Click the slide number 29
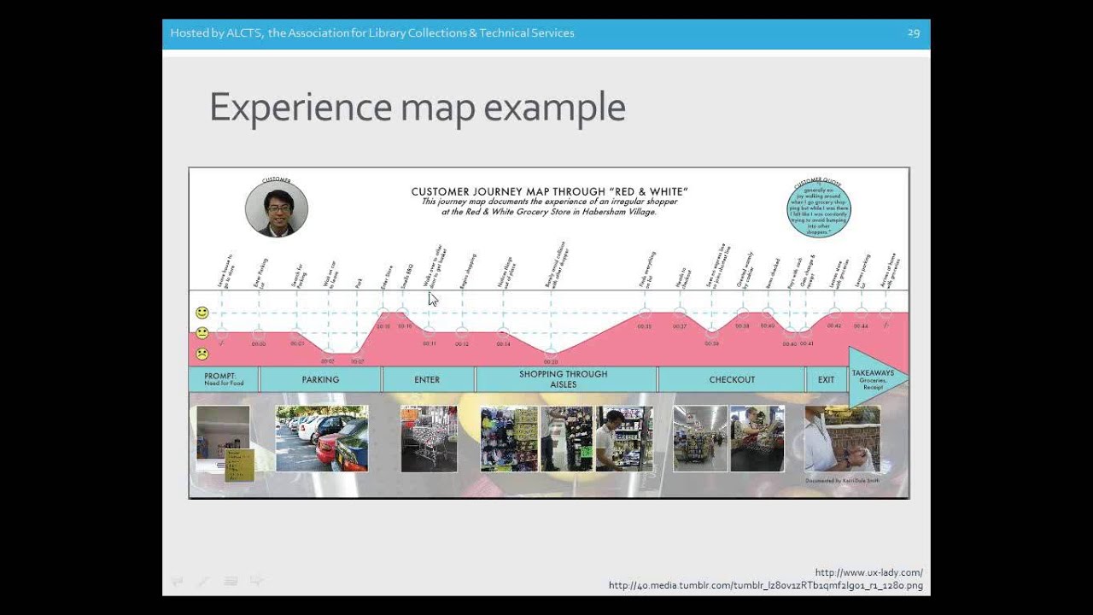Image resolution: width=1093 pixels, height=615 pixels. coord(913,33)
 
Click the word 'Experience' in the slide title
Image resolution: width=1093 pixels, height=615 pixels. coord(299,108)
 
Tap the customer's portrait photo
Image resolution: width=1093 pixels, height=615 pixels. coord(277,209)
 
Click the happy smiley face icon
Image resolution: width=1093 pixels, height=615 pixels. coord(202,313)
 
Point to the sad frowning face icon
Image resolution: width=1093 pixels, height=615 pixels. coord(202,354)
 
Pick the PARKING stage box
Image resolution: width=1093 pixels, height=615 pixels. coord(320,379)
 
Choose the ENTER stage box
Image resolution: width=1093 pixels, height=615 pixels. coord(427,379)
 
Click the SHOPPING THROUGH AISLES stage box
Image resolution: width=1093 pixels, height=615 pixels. coord(564,379)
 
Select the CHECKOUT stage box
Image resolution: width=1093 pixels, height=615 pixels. coord(732,379)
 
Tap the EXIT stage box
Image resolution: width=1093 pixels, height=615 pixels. coord(826,379)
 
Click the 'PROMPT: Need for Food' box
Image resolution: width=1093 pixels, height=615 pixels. coord(224,379)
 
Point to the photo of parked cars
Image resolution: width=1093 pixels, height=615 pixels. coord(322,438)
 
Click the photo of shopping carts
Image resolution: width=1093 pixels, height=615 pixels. coord(429,438)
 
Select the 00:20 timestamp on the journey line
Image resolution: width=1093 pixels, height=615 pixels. coord(551,362)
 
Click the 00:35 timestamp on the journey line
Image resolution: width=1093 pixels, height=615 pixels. coord(644,326)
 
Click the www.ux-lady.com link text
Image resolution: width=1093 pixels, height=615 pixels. coord(868,572)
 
